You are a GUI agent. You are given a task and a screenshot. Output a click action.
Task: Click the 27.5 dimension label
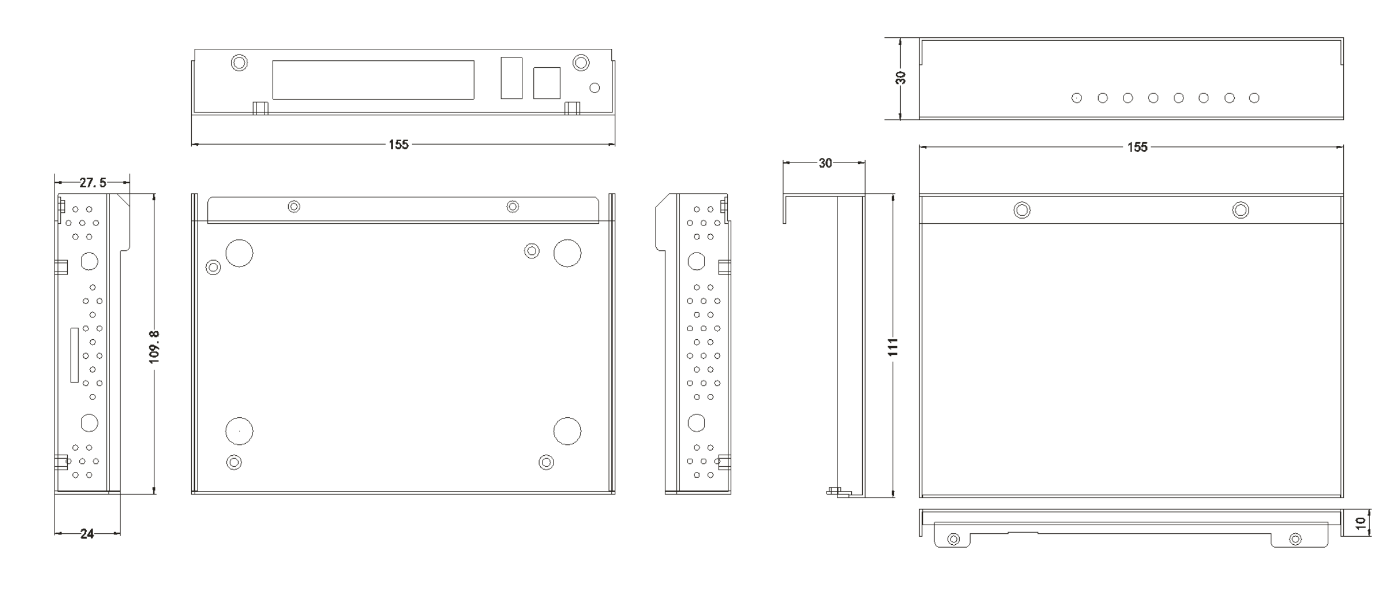point(92,183)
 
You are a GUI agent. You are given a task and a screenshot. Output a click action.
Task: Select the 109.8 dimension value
point(154,346)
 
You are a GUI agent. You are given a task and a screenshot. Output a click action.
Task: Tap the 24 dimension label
point(87,534)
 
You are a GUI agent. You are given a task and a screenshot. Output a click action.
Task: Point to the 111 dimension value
point(893,347)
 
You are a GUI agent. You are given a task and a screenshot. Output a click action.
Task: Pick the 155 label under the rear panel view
point(398,144)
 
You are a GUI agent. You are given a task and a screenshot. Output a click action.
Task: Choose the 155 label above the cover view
point(1137,147)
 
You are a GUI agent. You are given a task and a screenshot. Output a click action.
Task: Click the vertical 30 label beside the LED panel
point(901,78)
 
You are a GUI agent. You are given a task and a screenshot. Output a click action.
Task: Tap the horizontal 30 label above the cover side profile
point(825,163)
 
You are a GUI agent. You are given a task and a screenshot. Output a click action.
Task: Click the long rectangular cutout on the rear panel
point(373,80)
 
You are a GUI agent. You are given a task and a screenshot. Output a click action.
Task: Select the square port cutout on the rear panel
point(546,83)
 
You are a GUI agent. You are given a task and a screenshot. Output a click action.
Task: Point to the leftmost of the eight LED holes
point(1077,98)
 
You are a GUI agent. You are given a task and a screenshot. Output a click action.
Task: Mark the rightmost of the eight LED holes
point(1254,98)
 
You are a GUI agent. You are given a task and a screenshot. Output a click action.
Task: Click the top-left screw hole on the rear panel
point(239,63)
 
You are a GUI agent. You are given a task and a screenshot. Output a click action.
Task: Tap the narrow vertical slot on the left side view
point(74,355)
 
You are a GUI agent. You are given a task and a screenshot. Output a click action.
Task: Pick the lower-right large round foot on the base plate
point(567,431)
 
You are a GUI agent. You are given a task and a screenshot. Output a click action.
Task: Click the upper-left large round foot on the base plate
point(239,253)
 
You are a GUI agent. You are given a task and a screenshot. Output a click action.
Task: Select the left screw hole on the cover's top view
point(1022,210)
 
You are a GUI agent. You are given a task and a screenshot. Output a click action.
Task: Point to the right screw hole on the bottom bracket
point(1296,539)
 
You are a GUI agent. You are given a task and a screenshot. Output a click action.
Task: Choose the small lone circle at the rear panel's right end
point(595,88)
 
